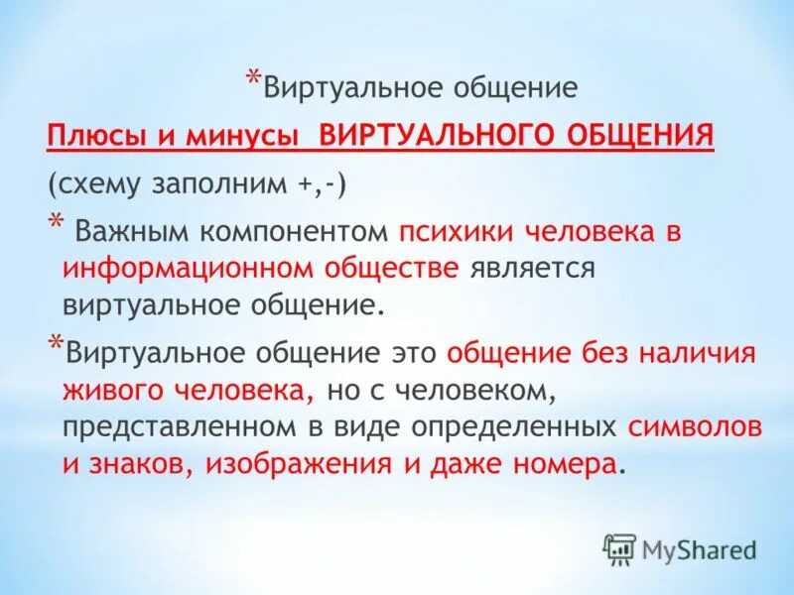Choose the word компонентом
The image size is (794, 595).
tap(295, 233)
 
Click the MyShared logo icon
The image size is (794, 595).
tap(619, 547)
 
